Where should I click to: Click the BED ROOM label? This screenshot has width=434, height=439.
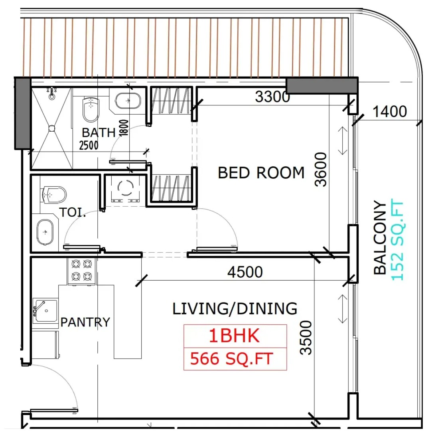click(261, 173)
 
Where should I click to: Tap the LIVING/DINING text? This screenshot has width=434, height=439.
click(235, 308)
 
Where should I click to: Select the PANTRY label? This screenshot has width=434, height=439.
click(85, 322)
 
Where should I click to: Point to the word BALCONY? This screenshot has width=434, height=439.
click(380, 237)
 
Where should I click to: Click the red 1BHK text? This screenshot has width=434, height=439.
click(235, 336)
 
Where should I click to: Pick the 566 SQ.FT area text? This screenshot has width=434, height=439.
click(231, 359)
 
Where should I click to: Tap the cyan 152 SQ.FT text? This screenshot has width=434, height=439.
click(397, 240)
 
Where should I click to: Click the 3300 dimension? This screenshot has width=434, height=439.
click(272, 97)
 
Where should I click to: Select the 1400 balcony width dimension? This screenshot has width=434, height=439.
click(390, 111)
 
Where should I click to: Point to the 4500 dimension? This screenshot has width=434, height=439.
click(245, 272)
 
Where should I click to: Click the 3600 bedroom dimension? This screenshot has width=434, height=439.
click(321, 169)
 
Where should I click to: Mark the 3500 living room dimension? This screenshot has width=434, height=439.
click(306, 338)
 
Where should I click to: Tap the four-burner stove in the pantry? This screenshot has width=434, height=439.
click(81, 271)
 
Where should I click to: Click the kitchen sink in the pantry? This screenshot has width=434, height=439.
click(45, 311)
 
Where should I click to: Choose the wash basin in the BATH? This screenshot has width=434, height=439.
click(128, 101)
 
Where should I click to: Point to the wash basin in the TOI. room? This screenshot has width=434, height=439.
click(45, 232)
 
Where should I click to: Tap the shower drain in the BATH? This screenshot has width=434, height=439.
click(52, 128)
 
